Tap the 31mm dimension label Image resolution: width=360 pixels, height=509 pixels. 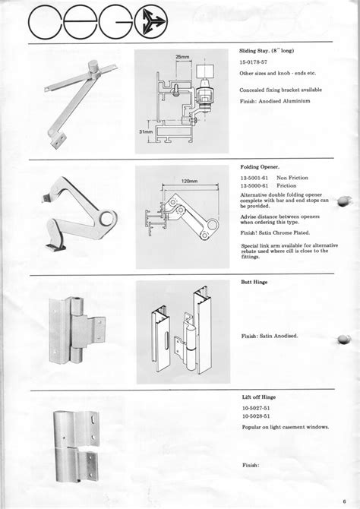(147, 130)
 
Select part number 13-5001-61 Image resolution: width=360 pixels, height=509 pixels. (256, 179)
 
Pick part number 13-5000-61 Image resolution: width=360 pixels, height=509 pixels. (256, 186)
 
